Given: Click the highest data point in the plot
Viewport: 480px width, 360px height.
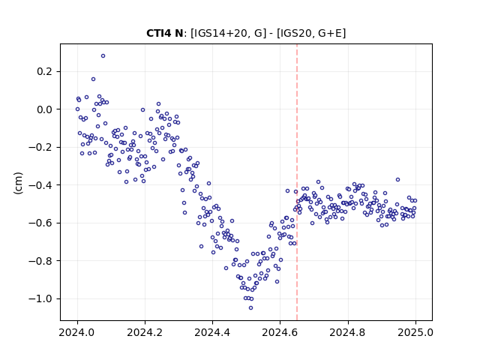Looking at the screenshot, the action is [103, 56].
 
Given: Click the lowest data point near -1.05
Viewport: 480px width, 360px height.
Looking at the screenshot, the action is [250, 308].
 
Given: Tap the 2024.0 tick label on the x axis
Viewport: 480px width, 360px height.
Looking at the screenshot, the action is [77, 332].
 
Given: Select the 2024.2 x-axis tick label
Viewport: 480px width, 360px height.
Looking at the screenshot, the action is [145, 332].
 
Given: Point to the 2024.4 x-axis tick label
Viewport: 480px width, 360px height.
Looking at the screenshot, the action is [212, 332].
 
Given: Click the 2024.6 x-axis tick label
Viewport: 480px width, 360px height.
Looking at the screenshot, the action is [280, 332].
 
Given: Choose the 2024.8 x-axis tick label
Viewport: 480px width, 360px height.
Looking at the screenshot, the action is [348, 332].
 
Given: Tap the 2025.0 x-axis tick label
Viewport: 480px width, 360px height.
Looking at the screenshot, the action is [415, 332].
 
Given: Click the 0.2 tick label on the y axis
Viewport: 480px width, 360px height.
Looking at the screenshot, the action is [45, 72].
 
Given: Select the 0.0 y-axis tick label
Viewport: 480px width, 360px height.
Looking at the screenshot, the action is [45, 109].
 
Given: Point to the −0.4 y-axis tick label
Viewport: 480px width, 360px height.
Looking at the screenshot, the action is [40, 185].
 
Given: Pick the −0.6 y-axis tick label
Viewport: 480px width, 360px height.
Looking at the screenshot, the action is [40, 223].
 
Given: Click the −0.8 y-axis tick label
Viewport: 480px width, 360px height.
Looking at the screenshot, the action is [40, 261].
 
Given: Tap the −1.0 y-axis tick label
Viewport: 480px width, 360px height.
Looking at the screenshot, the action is [40, 298].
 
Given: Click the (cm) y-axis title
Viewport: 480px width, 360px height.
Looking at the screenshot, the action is [18, 183].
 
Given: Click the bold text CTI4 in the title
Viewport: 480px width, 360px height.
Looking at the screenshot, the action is [160, 33].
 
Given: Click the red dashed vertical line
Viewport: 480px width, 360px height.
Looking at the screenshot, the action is [297, 182].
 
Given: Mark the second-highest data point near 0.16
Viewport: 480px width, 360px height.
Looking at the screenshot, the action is [93, 79].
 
